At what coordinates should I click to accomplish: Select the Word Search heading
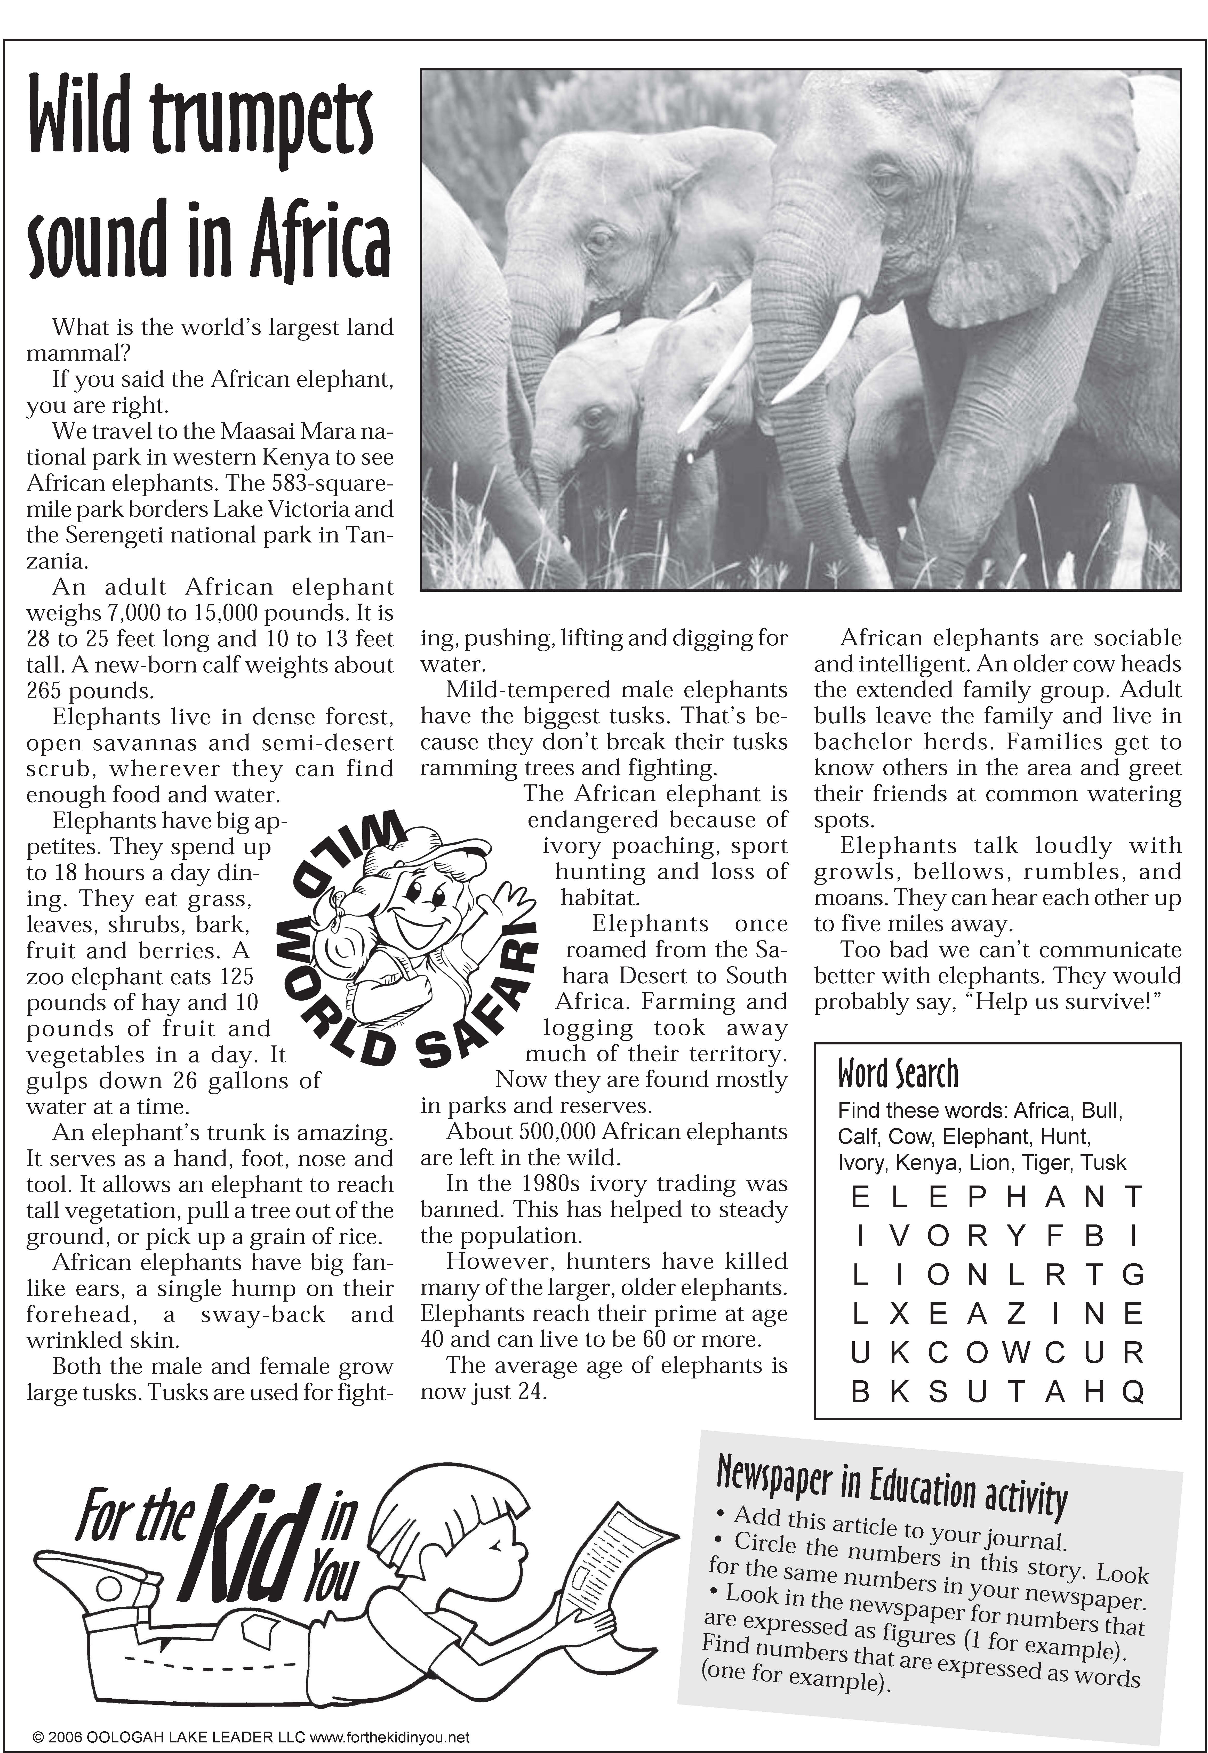click(898, 1074)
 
